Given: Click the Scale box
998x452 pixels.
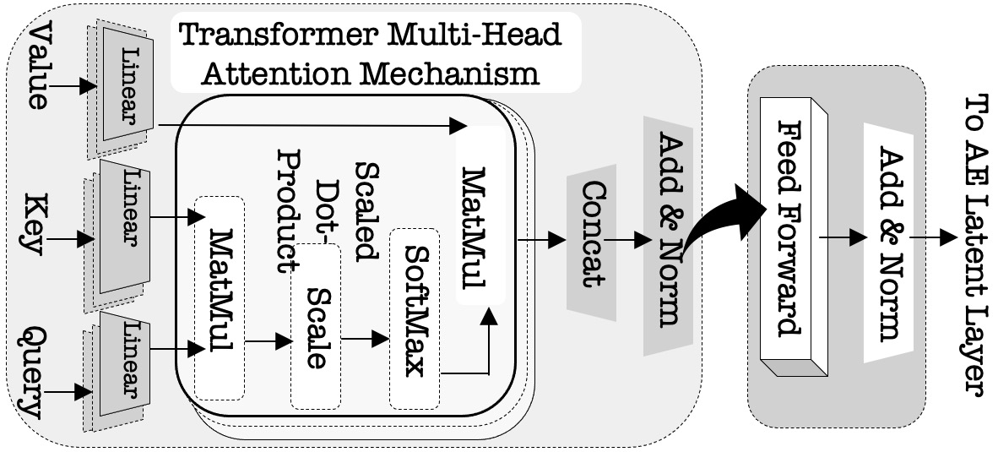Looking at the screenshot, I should point(315,325).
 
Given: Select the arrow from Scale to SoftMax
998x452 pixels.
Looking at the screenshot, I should point(364,340).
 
